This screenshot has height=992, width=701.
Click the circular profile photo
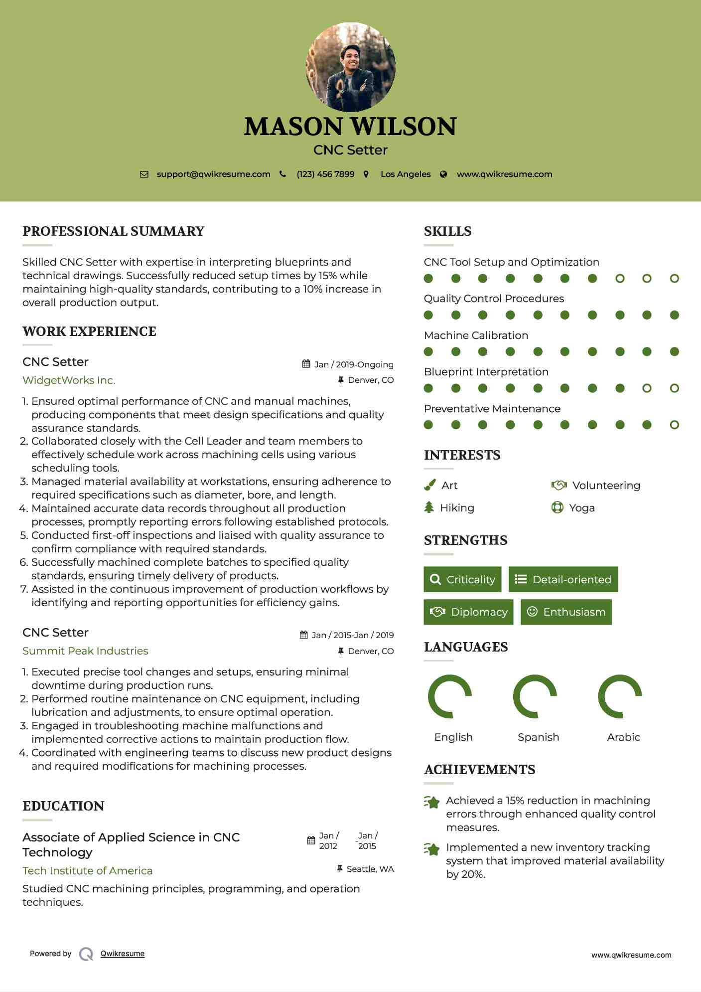click(x=350, y=67)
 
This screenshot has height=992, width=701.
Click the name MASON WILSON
click(x=350, y=127)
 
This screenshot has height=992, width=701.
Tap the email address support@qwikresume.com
click(x=213, y=174)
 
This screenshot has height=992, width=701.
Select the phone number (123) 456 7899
click(x=325, y=174)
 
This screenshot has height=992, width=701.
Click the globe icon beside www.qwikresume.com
click(x=443, y=174)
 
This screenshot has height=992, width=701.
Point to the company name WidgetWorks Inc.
click(x=69, y=380)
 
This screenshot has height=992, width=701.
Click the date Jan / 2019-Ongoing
click(x=353, y=364)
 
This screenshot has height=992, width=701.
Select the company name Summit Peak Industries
click(x=85, y=651)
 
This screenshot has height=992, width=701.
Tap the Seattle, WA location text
click(x=370, y=869)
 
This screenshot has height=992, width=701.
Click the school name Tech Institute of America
click(x=87, y=871)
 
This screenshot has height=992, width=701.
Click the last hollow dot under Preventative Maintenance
click(x=674, y=425)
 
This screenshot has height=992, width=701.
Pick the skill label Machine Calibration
click(x=476, y=335)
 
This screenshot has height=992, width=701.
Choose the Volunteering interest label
click(x=606, y=486)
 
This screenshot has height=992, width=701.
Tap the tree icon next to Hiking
click(x=429, y=507)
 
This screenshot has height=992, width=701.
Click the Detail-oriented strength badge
click(x=563, y=579)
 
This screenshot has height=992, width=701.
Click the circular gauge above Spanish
click(x=535, y=696)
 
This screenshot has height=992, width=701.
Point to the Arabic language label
click(x=623, y=737)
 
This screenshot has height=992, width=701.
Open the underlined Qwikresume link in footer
click(x=123, y=954)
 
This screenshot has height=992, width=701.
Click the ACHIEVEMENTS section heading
click(x=479, y=770)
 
